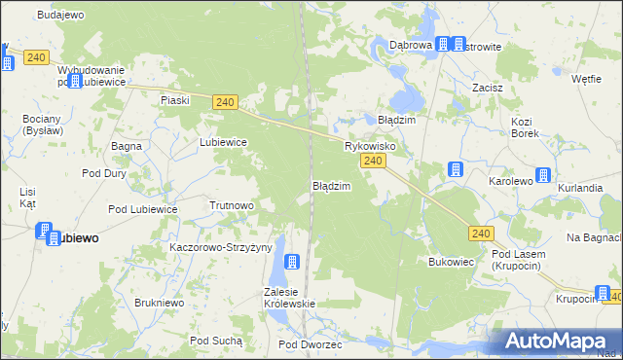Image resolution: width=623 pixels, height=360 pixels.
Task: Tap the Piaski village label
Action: pyautogui.click(x=174, y=100)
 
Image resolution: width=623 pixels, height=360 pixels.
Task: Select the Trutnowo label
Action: pyautogui.click(x=232, y=205)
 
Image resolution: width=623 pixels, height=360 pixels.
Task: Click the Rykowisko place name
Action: pyautogui.click(x=369, y=146)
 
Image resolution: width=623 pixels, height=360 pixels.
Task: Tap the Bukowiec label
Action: pyautogui.click(x=451, y=262)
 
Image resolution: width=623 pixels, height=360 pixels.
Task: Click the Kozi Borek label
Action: pyautogui.click(x=525, y=127)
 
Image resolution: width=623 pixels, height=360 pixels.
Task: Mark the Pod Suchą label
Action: pyautogui.click(x=216, y=341)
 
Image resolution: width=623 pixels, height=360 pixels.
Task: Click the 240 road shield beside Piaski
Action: pyautogui.click(x=225, y=102)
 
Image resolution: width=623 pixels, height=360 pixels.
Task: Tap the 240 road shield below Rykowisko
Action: pyautogui.click(x=370, y=160)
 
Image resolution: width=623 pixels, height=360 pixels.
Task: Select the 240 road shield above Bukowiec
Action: pyautogui.click(x=481, y=234)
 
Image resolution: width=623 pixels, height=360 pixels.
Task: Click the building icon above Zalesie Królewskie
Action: pyautogui.click(x=290, y=262)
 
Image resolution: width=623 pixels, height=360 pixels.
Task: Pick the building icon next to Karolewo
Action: pyautogui.click(x=543, y=176)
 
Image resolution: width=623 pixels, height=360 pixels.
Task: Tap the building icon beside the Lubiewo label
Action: pyautogui.click(x=45, y=232)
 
